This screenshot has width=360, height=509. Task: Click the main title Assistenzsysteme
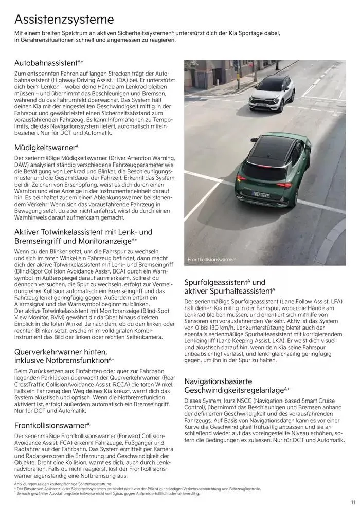tap(64, 20)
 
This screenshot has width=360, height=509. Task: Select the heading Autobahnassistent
tap(46, 63)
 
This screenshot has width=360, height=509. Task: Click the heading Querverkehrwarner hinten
tap(61, 352)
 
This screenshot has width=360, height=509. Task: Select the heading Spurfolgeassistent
tap(216, 282)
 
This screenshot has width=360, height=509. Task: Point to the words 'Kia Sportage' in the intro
tap(262, 33)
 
